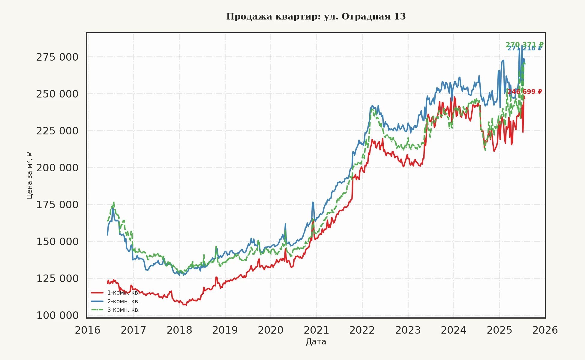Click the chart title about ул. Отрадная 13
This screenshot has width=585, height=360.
[x=316, y=16]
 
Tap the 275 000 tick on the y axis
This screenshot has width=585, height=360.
[x=57, y=57]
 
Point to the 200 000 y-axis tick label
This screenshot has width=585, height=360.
[x=57, y=168]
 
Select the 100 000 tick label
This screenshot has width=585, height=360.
[x=57, y=315]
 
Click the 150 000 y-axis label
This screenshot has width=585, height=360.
[x=57, y=241]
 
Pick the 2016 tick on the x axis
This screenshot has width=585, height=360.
[x=88, y=330]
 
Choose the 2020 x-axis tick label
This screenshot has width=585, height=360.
[x=271, y=330]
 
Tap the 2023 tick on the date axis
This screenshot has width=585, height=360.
[x=408, y=330]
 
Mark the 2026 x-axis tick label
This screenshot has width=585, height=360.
[x=545, y=330]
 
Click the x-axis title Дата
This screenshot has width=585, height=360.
[x=316, y=342]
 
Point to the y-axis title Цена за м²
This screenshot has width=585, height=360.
[x=29, y=175]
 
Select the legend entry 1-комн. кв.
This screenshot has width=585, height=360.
[x=123, y=293]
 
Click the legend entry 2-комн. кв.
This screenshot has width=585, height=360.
[x=123, y=301]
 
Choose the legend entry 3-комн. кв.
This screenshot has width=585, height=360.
[x=123, y=310]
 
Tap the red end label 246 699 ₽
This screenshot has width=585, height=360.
[x=524, y=91]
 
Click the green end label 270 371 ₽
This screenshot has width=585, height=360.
[x=524, y=45]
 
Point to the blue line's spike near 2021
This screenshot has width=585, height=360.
[x=313, y=202]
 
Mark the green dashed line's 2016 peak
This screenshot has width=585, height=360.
[x=114, y=203]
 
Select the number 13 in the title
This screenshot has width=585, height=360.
[x=400, y=16]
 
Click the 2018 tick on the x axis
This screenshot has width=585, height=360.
[x=179, y=330]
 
